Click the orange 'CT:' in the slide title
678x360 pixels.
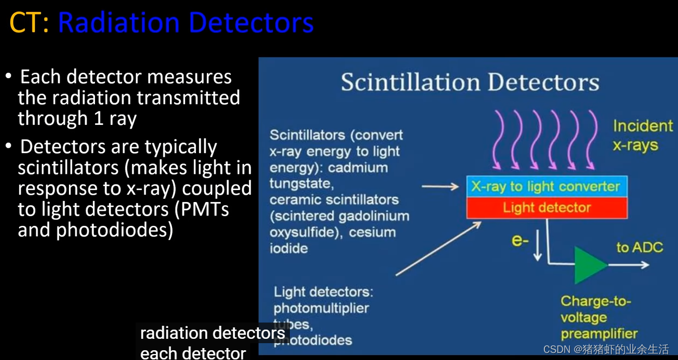(x=29, y=23)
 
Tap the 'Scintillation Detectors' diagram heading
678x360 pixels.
(x=470, y=83)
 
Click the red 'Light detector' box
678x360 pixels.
(x=546, y=207)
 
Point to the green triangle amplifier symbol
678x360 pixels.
(x=590, y=266)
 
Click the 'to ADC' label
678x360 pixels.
(x=639, y=248)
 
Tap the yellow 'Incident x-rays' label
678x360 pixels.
(x=643, y=136)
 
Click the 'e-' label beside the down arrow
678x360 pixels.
(x=520, y=240)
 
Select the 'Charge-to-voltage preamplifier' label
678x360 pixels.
(x=599, y=317)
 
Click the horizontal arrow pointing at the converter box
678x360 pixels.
(x=440, y=187)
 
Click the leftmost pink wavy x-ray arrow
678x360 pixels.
(x=500, y=139)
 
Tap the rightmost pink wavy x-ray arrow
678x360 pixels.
(x=591, y=139)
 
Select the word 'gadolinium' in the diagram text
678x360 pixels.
(x=373, y=216)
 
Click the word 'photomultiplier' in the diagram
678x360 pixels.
(x=321, y=308)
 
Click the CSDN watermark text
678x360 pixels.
(x=606, y=349)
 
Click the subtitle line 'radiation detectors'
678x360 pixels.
(x=212, y=333)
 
